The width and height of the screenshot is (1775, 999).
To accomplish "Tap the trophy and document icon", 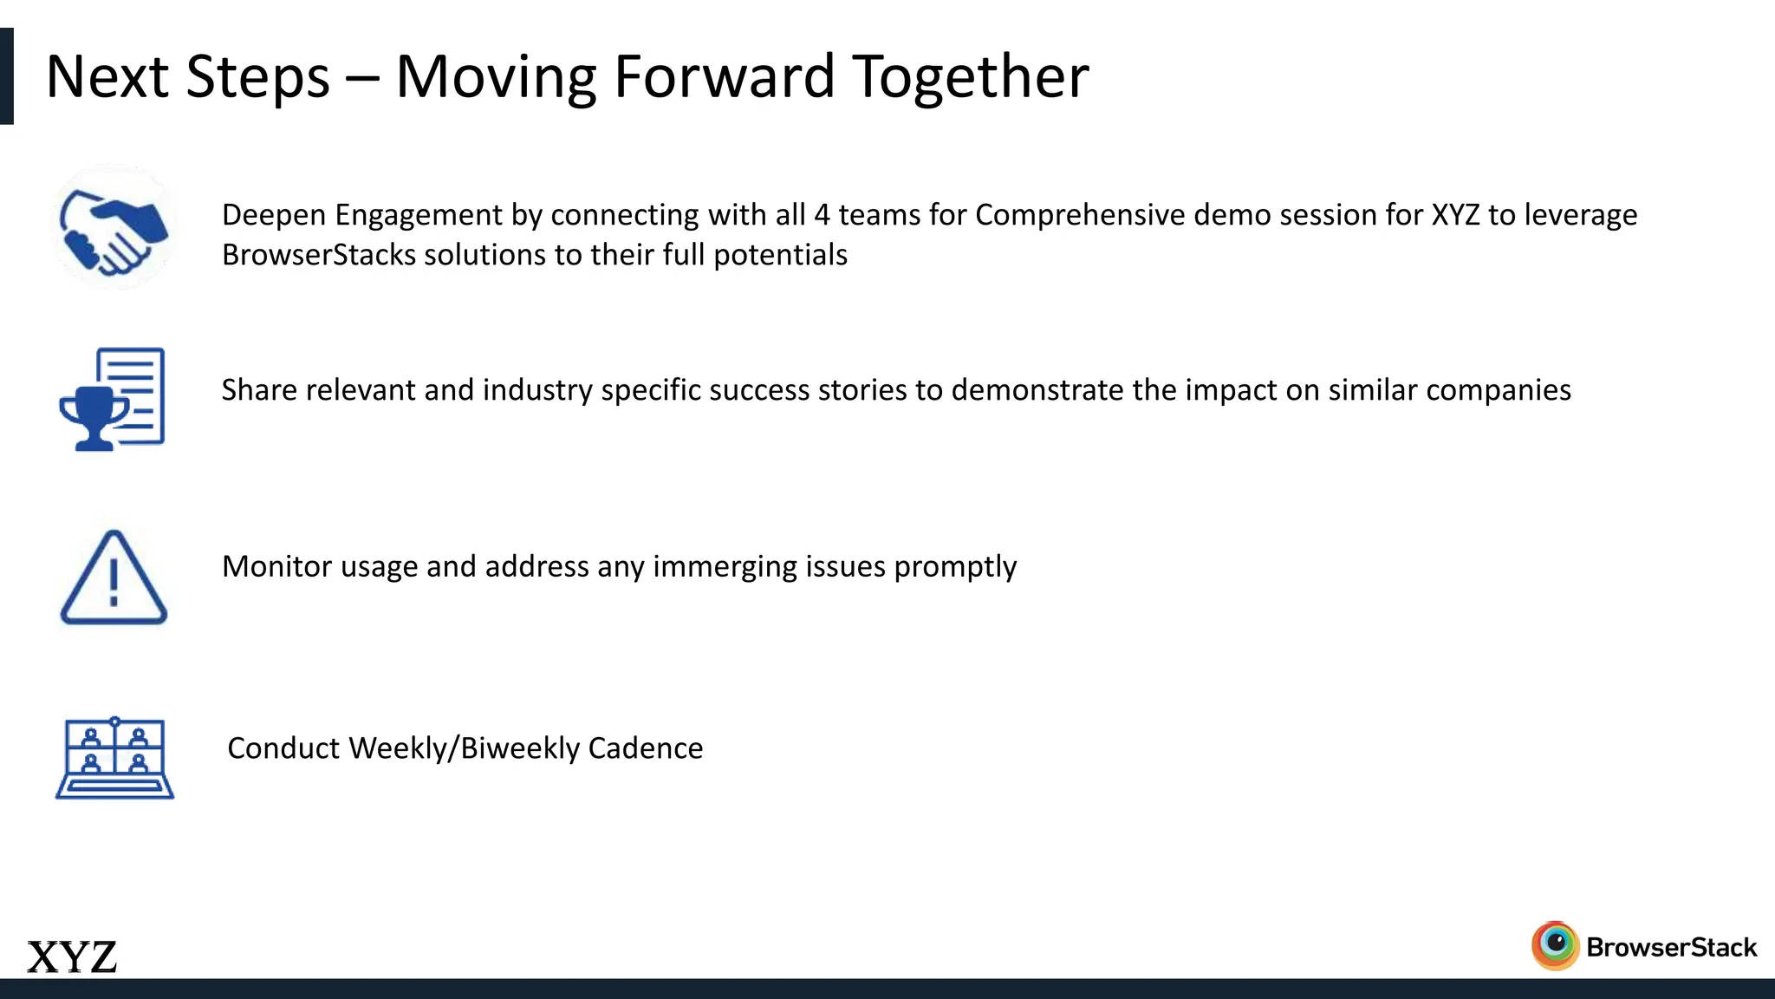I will [113, 399].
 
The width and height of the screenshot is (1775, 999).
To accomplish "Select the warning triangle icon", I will [114, 578].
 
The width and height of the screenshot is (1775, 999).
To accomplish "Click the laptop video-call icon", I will [115, 758].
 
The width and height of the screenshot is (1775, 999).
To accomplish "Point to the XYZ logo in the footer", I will [72, 957].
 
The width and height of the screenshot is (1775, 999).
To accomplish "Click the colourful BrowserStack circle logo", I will [1556, 945].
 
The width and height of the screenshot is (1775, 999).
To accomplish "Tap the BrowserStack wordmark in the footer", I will [1671, 947].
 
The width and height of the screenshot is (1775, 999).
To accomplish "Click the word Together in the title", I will [971, 76].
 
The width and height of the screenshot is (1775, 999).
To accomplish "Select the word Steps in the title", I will [258, 76].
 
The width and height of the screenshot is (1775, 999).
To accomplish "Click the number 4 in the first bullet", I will [822, 214].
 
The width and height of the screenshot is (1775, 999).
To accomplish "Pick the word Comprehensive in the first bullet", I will [1080, 214].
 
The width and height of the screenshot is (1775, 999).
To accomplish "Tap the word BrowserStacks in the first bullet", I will [319, 255].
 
